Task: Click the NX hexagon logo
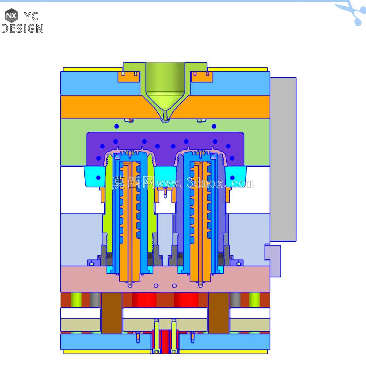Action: pyautogui.click(x=12, y=16)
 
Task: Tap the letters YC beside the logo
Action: pyautogui.click(x=31, y=16)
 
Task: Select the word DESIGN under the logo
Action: pyautogui.click(x=22, y=29)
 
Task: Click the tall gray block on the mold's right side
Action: pyautogui.click(x=283, y=159)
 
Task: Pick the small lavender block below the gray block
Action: pyautogui.click(x=273, y=261)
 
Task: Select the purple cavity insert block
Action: pyautogui.click(x=165, y=145)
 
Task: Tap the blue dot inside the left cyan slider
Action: pyautogui.click(x=98, y=178)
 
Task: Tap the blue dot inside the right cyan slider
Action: pyautogui.click(x=232, y=178)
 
